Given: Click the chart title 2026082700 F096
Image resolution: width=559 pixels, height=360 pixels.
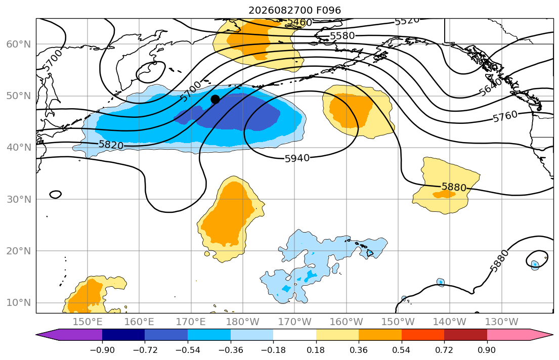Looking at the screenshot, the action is [x=294, y=10].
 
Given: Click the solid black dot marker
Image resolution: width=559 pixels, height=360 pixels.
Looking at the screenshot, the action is [x=215, y=100].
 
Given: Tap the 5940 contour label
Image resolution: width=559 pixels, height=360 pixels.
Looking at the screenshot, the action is [x=297, y=158].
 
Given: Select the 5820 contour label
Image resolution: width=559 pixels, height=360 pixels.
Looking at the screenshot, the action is [x=111, y=145].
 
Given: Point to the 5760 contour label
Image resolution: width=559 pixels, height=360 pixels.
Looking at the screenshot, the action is [x=505, y=116].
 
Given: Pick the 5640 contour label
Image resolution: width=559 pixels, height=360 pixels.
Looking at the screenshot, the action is [x=490, y=87].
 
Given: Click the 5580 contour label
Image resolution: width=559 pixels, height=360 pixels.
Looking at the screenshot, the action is [x=342, y=35].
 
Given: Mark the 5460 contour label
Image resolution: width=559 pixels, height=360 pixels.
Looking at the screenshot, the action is [x=299, y=22].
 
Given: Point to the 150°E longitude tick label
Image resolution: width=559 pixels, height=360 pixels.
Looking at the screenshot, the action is [x=88, y=322].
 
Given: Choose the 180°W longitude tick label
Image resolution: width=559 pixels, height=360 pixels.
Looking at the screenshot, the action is [x=243, y=322].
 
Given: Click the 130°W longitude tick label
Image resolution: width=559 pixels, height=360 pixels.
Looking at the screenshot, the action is [x=502, y=322].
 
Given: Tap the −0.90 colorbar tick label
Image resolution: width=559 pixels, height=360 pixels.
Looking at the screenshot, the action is [x=102, y=350].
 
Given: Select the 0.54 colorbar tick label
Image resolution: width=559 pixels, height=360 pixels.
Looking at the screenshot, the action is [x=402, y=350].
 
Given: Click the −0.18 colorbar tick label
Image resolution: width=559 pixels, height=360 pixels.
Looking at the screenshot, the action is [x=273, y=350].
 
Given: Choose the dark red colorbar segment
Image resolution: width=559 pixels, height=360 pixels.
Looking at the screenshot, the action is [x=465, y=335].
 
